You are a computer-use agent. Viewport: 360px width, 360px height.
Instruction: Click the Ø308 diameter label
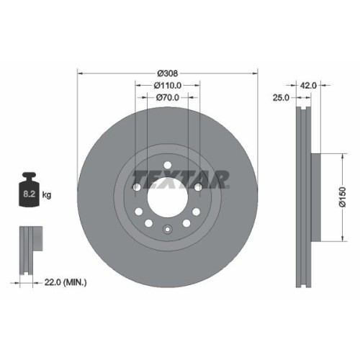click(167, 73)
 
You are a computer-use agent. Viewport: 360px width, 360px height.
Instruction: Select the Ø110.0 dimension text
click(167, 85)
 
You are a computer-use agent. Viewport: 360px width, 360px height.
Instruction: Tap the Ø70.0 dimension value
click(167, 97)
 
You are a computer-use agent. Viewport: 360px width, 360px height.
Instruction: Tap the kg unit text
click(47, 195)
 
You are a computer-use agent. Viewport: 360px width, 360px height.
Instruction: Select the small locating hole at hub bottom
click(167, 230)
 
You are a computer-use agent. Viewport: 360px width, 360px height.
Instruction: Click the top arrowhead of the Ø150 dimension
click(338, 156)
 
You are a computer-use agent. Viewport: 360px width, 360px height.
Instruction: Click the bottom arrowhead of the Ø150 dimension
click(338, 239)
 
